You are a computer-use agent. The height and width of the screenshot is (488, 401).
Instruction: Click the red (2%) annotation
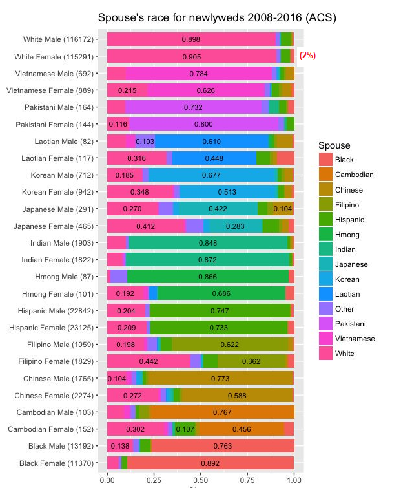coord(307,56)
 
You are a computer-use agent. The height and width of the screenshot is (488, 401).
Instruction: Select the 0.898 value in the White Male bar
coord(191,39)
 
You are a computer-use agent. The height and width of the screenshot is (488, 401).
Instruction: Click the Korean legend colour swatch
coord(324,279)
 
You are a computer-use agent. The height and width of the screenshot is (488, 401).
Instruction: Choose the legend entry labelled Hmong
coord(347,235)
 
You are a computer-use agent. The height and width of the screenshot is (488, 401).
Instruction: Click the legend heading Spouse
coord(334,146)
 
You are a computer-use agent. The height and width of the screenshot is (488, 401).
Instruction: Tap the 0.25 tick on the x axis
coord(154,480)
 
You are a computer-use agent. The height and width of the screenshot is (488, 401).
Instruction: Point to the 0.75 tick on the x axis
coord(247,480)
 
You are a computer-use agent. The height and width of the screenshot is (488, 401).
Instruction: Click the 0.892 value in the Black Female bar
coord(210,463)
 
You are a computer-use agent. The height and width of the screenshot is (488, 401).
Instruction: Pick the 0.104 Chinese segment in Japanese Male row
coord(282,209)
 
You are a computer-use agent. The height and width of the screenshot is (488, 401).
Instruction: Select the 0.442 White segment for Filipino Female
coord(149,361)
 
